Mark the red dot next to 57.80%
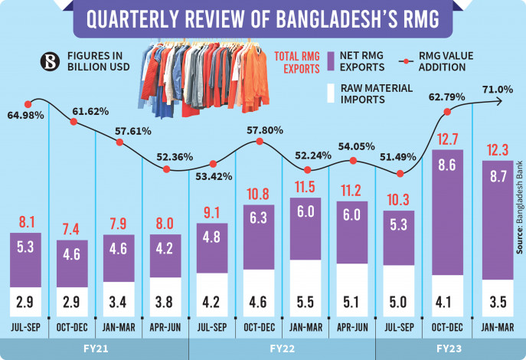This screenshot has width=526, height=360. [261, 142]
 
